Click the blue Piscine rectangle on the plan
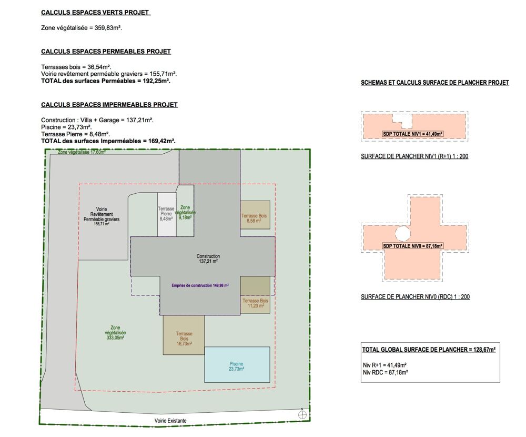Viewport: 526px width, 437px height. coord(237,364)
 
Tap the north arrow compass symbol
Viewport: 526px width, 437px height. coord(302,414)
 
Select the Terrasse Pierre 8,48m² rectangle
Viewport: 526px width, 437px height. coord(167,214)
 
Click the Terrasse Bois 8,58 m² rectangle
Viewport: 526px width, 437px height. coord(255,215)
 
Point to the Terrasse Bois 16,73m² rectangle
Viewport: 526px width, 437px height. coord(184,335)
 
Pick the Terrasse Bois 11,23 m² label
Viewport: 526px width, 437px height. coord(256,303)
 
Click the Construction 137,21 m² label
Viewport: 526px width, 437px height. coord(208,259)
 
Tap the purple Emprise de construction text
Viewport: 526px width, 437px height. coord(200,285)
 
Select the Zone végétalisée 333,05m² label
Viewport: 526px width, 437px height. coord(115,333)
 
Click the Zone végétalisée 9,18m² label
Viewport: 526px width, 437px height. coord(185,212)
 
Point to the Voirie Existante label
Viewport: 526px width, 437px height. coord(170,421)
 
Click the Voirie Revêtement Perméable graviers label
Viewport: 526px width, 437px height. coord(102,216)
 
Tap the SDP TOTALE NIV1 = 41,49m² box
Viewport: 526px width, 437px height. coord(412,134)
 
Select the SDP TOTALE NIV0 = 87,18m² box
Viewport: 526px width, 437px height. coord(412,246)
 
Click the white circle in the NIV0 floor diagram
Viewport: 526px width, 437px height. coord(402,233)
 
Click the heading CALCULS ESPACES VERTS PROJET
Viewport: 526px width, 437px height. coord(95,13)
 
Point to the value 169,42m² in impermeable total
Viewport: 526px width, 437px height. coord(161,141)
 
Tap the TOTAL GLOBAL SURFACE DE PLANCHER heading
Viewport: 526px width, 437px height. coord(429,349)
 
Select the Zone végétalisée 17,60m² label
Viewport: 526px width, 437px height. coord(82,152)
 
